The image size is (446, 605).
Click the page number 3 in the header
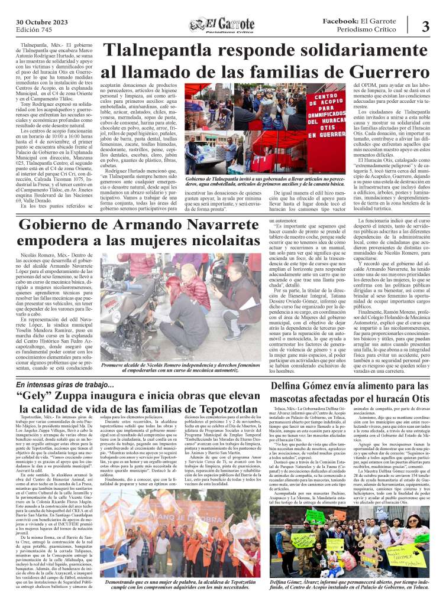coord(425,27)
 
